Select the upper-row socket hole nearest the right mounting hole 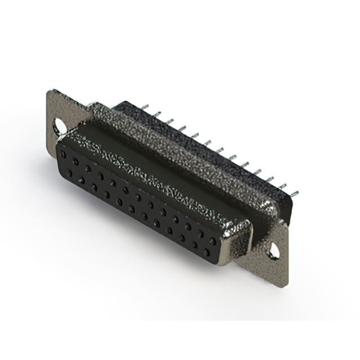pyautogui.click(x=213, y=241)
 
